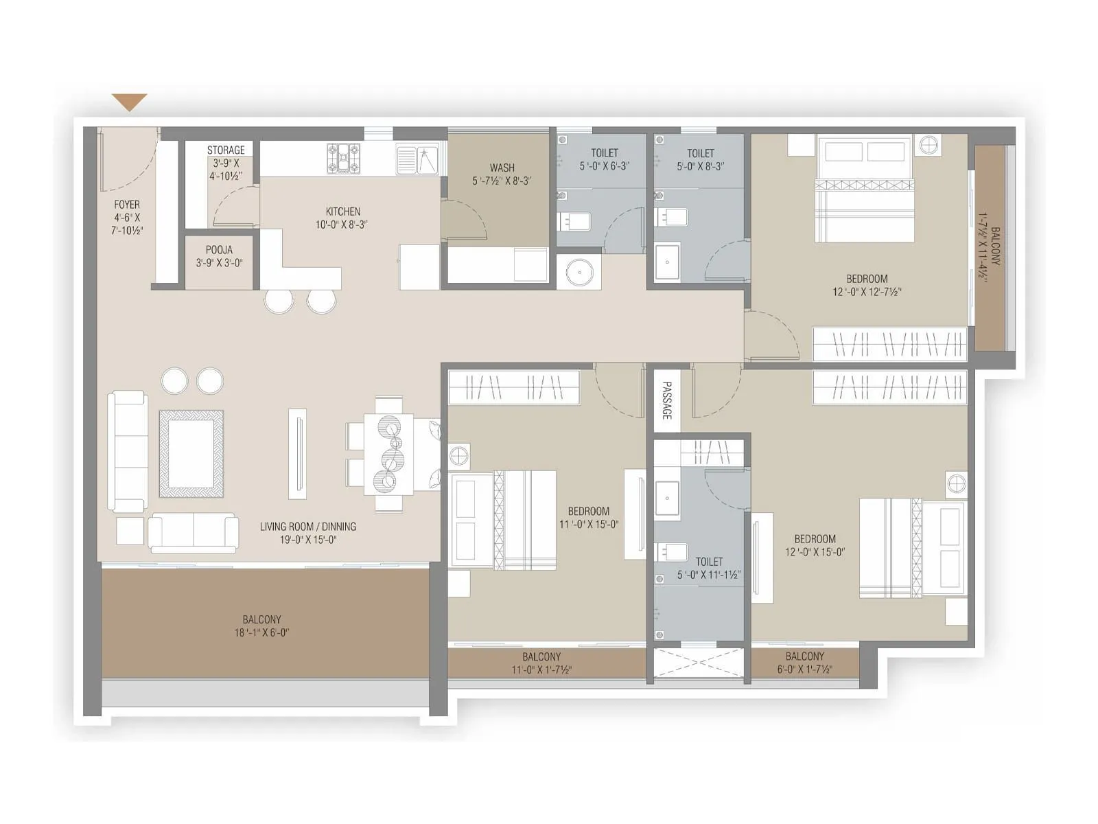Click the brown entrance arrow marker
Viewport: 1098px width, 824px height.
130,102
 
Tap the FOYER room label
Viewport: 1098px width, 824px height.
127,205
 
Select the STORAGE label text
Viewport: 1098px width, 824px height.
226,150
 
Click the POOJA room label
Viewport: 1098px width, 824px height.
219,250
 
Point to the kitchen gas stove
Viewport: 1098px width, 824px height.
343,158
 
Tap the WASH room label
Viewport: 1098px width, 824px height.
502,168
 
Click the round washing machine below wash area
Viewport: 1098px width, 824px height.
579,272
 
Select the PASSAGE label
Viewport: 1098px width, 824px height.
666,401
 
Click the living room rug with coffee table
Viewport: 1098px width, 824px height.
191,454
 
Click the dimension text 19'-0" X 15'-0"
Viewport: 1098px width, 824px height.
307,540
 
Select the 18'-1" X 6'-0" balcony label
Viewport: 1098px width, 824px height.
261,632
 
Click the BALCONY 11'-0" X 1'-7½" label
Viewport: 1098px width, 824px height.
541,663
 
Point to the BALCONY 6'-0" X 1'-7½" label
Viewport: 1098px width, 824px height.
804,663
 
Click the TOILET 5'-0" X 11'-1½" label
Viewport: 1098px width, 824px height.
709,568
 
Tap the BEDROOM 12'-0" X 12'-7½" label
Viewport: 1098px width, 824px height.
867,285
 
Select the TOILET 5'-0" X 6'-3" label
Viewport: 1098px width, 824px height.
604,159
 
